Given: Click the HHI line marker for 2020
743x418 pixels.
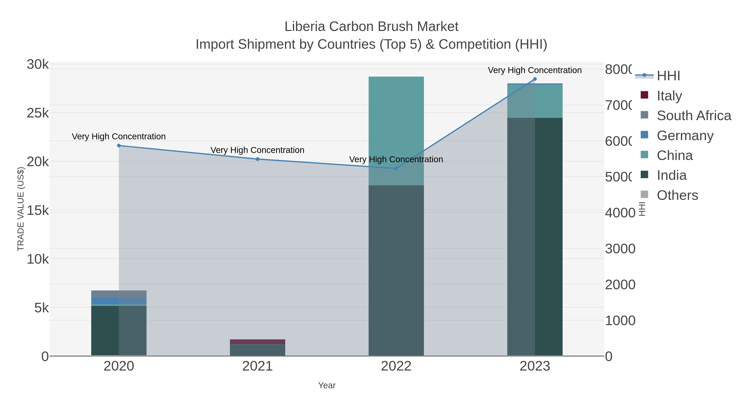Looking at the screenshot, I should pyautogui.click(x=119, y=146).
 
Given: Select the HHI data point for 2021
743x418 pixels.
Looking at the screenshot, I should pyautogui.click(x=258, y=159).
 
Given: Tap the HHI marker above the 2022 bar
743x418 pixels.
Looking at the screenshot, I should pyautogui.click(x=396, y=168).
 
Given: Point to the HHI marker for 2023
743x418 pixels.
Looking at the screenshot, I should pyautogui.click(x=535, y=79).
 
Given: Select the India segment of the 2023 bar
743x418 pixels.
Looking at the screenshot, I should pyautogui.click(x=535, y=237).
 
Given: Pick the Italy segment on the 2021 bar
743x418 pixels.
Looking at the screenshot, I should pyautogui.click(x=257, y=342).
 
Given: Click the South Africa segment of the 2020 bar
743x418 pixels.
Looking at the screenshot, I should pyautogui.click(x=119, y=294).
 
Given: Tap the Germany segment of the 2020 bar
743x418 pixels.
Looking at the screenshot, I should pyautogui.click(x=119, y=301).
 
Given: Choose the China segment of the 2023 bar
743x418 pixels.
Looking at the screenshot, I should pyautogui.click(x=535, y=101).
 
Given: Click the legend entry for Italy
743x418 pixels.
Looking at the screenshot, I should pyautogui.click(x=669, y=96).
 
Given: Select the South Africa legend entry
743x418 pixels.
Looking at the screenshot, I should pyautogui.click(x=694, y=116).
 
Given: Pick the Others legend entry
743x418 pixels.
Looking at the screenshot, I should pyautogui.click(x=677, y=195).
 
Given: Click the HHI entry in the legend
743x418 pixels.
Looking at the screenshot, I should pyautogui.click(x=668, y=76).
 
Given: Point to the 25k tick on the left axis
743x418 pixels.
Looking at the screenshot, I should pyautogui.click(x=38, y=113).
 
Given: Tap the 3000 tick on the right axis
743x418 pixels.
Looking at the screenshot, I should pyautogui.click(x=620, y=249).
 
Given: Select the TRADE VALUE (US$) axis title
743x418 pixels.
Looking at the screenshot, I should pyautogui.click(x=21, y=209).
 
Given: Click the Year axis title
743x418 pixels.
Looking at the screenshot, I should pyautogui.click(x=327, y=385).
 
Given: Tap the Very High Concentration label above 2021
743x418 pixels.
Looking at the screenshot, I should pyautogui.click(x=257, y=150).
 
